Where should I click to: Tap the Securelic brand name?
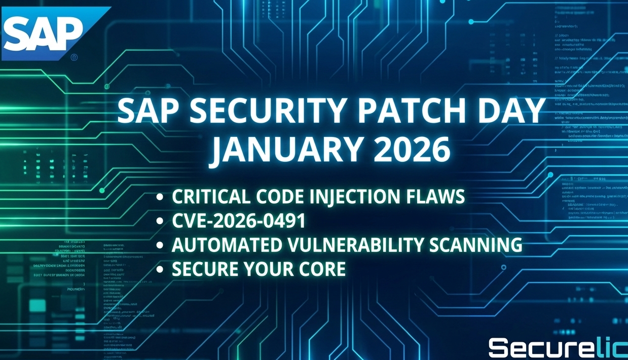pyautogui.click(x=557, y=348)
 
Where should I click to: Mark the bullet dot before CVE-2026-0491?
pyautogui.click(x=160, y=222)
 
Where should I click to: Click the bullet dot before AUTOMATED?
pyautogui.click(x=160, y=246)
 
